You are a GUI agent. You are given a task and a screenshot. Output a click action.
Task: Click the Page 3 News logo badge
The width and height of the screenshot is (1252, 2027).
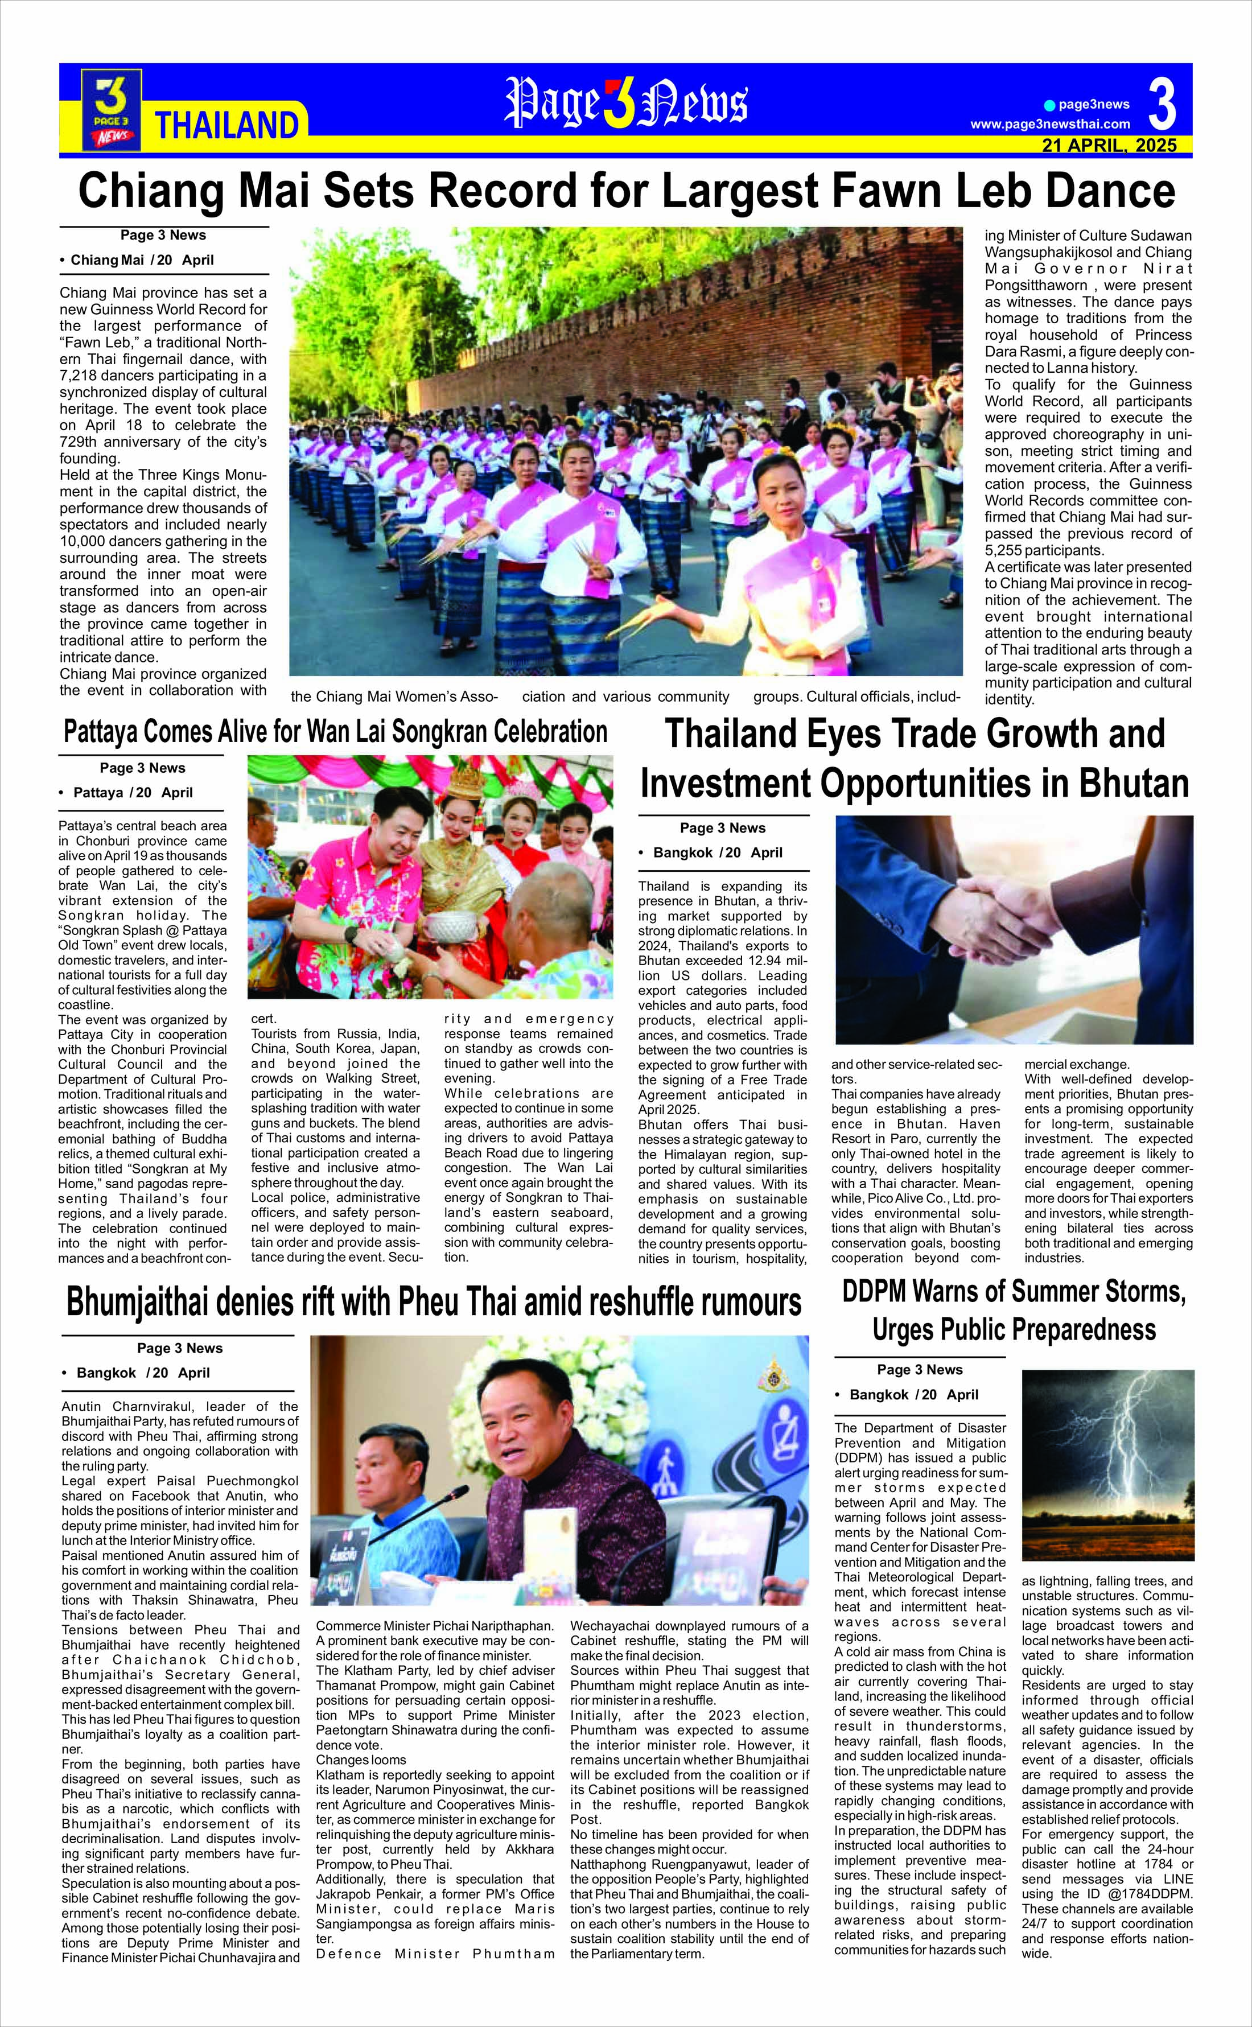point(111,109)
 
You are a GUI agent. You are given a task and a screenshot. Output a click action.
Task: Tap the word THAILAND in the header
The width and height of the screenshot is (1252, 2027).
point(226,125)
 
